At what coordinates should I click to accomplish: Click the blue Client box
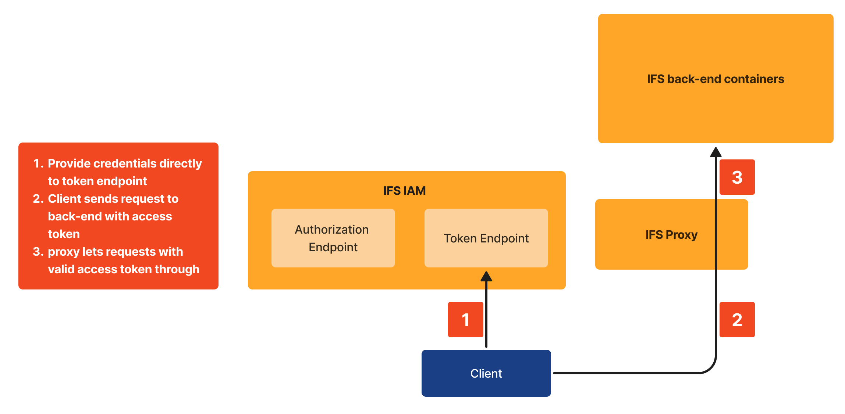click(x=486, y=373)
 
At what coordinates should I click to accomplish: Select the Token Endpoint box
click(x=486, y=238)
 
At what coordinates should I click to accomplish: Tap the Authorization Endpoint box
click(x=333, y=238)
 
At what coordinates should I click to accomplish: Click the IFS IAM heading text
click(x=404, y=191)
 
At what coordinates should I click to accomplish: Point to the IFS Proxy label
click(x=671, y=234)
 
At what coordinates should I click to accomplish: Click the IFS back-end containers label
click(x=716, y=79)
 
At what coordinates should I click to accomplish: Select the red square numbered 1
click(x=465, y=320)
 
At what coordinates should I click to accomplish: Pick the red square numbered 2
click(x=737, y=320)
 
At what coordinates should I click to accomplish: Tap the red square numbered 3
click(x=737, y=177)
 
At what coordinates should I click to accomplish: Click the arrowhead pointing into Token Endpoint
click(x=486, y=277)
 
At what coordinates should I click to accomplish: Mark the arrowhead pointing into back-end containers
click(x=716, y=152)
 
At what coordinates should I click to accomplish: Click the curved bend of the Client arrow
click(x=709, y=367)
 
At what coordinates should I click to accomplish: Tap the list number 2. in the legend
click(x=38, y=199)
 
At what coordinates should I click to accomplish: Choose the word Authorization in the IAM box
click(x=332, y=230)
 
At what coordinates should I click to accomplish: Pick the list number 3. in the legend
click(x=38, y=252)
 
